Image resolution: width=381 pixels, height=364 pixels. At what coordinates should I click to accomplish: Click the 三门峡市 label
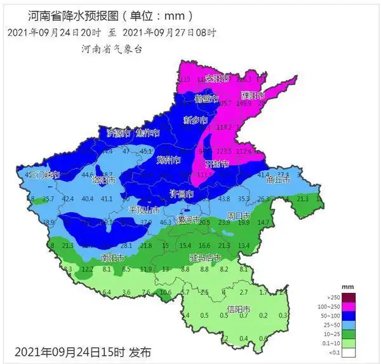pyautogui.click(x=44, y=174)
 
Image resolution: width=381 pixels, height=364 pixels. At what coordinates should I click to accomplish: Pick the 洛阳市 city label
pyautogui.click(x=104, y=180)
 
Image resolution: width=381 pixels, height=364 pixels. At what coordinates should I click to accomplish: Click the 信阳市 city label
pyautogui.click(x=239, y=309)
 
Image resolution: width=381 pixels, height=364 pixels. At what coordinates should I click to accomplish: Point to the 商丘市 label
pyautogui.click(x=277, y=180)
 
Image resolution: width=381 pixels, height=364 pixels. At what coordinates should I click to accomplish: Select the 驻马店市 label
pyautogui.click(x=205, y=258)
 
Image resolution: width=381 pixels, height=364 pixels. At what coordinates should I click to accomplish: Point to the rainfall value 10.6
pyautogui.click(x=166, y=292)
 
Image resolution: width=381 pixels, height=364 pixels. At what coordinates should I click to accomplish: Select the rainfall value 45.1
pyautogui.click(x=147, y=151)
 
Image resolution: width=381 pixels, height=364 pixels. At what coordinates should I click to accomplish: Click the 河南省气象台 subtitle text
pyautogui.click(x=111, y=49)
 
